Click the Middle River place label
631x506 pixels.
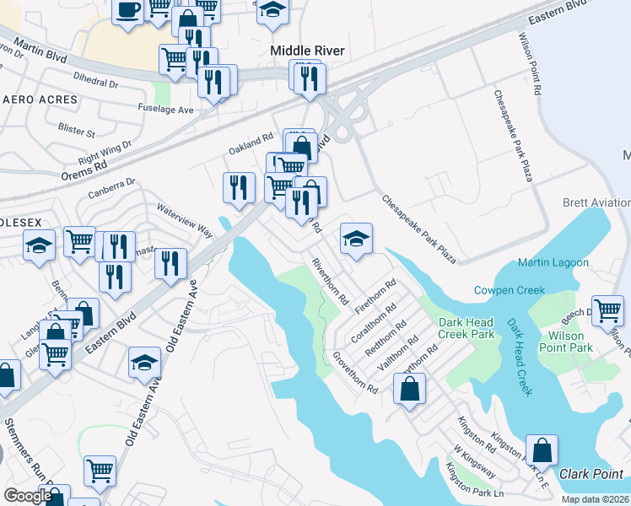coord(307,51)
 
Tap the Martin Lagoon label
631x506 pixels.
coord(553,263)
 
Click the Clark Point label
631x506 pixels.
coord(591,474)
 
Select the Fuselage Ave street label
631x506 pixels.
coord(166,109)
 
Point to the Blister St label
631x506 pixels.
coord(77,132)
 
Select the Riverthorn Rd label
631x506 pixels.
coord(330,281)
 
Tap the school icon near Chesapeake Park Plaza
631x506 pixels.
coord(356,239)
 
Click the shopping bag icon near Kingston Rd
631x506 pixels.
coord(409,389)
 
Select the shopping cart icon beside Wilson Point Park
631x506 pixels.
coord(607,310)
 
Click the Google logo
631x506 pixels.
coord(28,496)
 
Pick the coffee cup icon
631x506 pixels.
coord(127,11)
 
